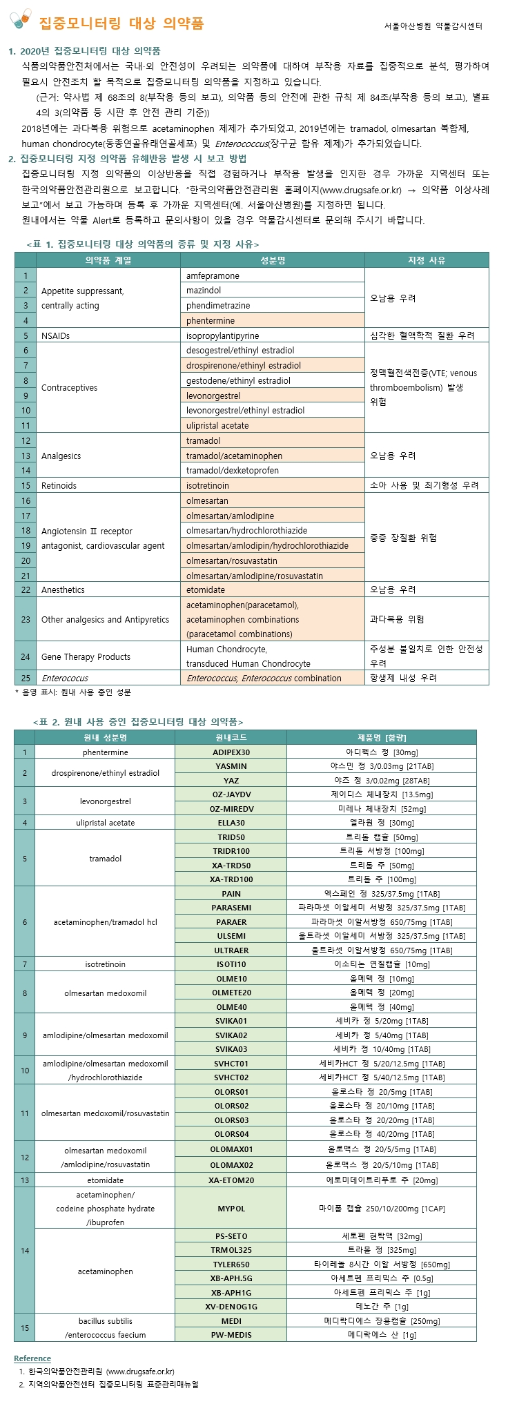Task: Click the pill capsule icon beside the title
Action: (21, 19)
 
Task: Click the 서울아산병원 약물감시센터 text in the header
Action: (433, 26)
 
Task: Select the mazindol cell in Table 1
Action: (204, 291)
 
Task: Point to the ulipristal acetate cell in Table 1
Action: (217, 426)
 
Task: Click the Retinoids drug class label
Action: (59, 486)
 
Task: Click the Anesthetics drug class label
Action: (63, 590)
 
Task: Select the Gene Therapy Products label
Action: (86, 657)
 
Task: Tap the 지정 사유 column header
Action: (427, 260)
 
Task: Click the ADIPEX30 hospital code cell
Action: (231, 752)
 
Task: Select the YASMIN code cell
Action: (231, 766)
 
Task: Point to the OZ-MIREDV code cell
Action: (231, 809)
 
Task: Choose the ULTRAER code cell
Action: (231, 950)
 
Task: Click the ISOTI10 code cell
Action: (231, 964)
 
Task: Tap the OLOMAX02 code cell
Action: (231, 1165)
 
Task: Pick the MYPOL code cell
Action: (231, 1209)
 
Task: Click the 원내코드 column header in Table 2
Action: (231, 738)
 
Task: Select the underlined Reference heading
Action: (32, 1358)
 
